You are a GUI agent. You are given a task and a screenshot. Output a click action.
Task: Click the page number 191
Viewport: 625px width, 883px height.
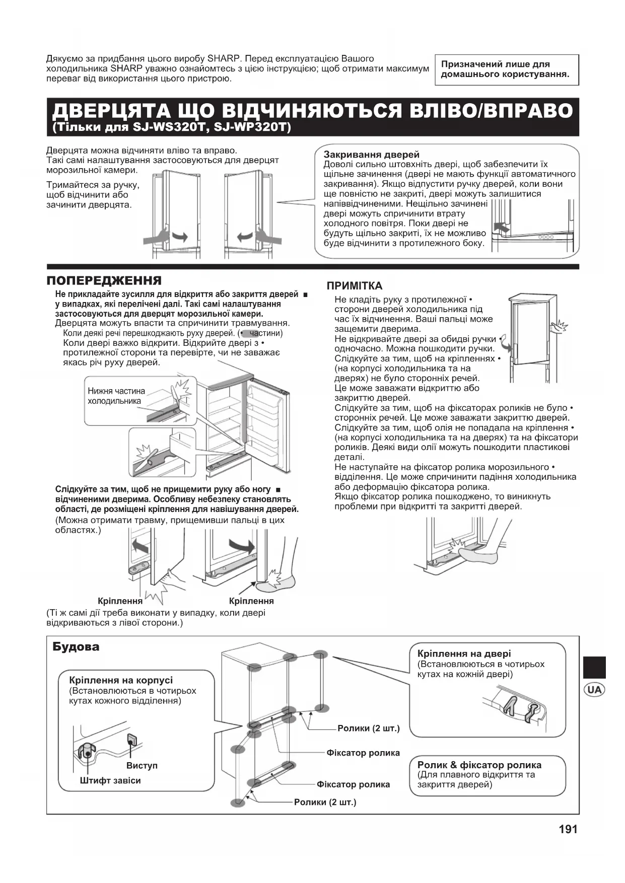point(568,829)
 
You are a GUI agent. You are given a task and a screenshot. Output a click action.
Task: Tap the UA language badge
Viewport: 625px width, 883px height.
point(594,689)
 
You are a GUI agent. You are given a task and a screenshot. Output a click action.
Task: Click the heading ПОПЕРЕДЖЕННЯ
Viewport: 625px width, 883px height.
point(104,280)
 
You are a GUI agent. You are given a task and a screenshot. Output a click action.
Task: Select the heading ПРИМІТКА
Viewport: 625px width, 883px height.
point(355,286)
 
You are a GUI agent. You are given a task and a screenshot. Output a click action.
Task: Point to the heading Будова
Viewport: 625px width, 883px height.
point(76,647)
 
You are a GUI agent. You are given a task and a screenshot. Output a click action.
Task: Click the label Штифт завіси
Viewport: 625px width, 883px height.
point(110,780)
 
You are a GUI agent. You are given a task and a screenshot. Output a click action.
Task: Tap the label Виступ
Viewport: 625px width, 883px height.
point(142,765)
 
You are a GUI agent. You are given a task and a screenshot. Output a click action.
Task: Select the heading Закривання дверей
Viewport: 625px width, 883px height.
point(371,155)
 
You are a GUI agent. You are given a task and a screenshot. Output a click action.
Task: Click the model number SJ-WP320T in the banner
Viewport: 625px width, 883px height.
point(252,128)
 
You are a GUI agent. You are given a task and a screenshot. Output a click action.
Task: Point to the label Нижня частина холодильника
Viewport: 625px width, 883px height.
point(116,396)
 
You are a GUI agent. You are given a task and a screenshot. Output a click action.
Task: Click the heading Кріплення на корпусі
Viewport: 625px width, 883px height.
point(121,681)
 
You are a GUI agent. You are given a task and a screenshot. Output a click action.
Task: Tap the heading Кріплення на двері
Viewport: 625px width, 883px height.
point(464,653)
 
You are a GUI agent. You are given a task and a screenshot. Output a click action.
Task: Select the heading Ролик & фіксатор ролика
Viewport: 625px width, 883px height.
point(479,765)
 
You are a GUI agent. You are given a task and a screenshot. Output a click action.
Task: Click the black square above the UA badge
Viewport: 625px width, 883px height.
point(594,667)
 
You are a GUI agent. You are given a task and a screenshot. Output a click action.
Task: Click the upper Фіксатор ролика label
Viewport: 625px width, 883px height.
point(363,753)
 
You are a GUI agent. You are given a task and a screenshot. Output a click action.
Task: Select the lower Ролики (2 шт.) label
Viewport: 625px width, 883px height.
point(325,802)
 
